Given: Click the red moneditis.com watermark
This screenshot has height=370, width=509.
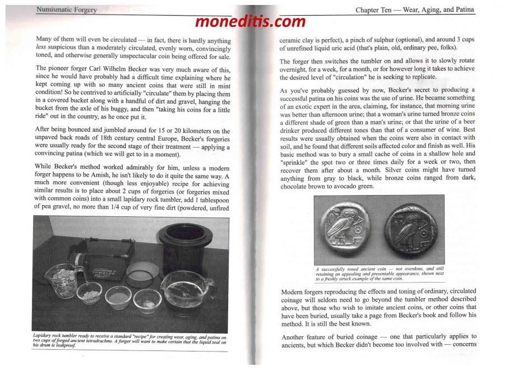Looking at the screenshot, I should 251,22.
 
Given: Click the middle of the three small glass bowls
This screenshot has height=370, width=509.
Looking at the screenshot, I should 118,298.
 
